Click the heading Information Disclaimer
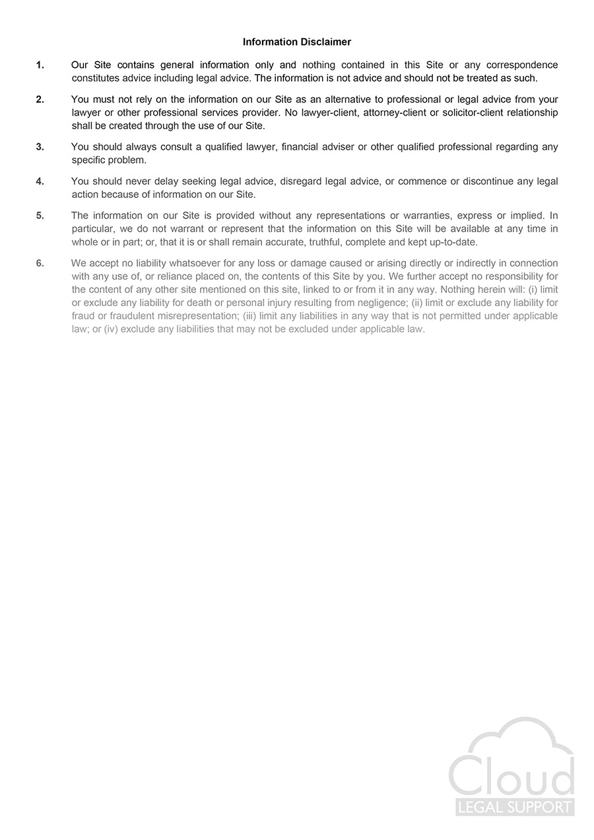(x=297, y=42)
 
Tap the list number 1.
(x=40, y=65)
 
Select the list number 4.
(x=40, y=181)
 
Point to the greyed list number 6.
(x=40, y=263)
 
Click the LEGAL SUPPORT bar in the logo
(x=514, y=807)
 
